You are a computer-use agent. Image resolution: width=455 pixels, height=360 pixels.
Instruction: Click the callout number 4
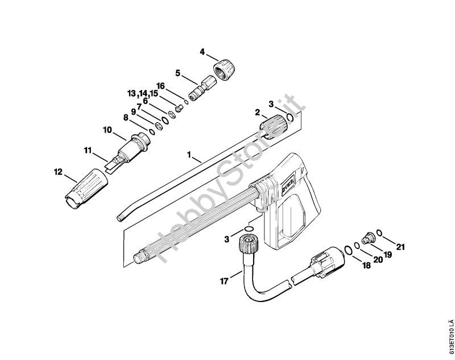tap(202, 52)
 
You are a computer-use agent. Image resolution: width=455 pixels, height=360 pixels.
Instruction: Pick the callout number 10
tap(106, 129)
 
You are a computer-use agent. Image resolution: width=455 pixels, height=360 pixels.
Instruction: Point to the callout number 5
tap(177, 73)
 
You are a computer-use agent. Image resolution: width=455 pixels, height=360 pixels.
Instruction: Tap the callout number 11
tap(88, 150)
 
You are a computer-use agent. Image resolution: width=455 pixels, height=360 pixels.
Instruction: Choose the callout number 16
tap(161, 86)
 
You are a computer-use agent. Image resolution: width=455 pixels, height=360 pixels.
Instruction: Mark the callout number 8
tap(126, 118)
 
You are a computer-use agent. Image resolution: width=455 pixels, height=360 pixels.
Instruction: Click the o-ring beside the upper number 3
tap(290, 117)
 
